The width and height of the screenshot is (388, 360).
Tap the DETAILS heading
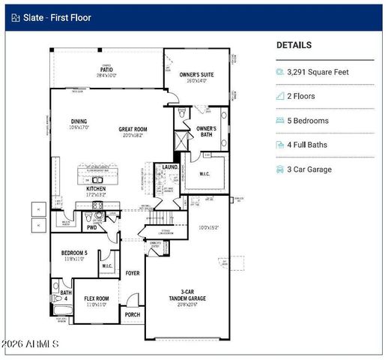(294, 45)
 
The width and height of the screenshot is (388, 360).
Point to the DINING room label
(79, 124)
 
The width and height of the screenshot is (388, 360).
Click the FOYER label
(133, 273)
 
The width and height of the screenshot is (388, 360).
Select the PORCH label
(133, 315)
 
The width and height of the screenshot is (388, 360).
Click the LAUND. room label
(170, 166)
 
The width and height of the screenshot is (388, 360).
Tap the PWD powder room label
(92, 226)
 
